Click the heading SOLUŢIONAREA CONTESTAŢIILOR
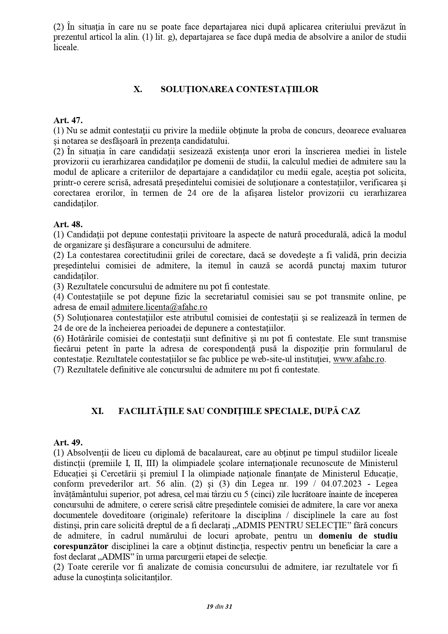(239, 89)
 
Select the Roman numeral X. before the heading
(138, 89)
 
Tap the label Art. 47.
(68, 120)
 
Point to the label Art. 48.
(68, 224)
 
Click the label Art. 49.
(68, 442)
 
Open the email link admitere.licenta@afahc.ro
(159, 307)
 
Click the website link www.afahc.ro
(358, 359)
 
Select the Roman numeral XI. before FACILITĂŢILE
(97, 411)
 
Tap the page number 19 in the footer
(209, 607)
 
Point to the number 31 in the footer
(229, 607)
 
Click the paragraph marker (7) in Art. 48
(59, 370)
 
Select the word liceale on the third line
(66, 47)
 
